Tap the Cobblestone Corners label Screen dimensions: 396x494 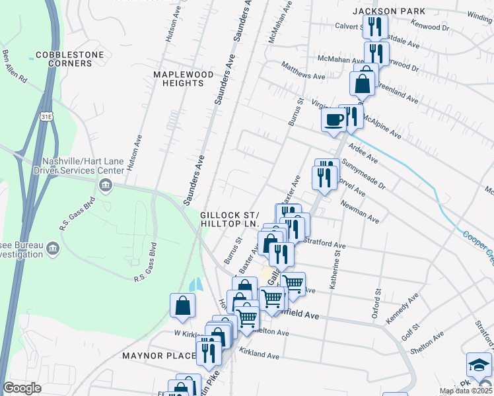tap(64, 59)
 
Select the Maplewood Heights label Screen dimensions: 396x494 tap(183, 79)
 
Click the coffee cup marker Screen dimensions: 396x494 tap(334, 120)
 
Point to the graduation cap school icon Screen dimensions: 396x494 tap(480, 364)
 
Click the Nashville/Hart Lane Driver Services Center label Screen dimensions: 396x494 tap(83, 166)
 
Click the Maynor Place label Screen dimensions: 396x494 tap(159, 356)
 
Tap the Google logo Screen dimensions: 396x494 tap(22, 388)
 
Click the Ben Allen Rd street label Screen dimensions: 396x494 tap(15, 67)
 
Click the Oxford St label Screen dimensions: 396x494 tap(378, 301)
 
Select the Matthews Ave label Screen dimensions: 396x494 tap(303, 71)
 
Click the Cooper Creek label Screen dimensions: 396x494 tap(477, 244)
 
